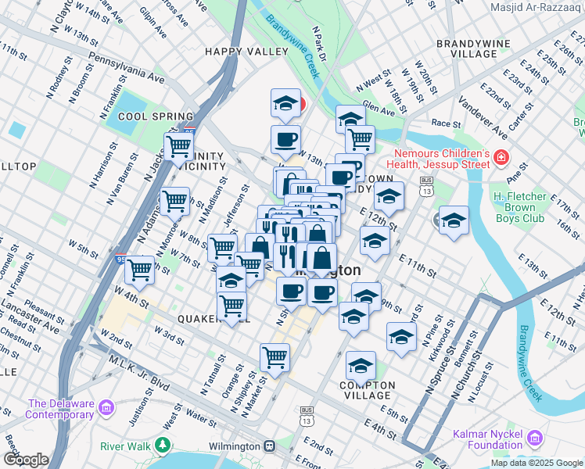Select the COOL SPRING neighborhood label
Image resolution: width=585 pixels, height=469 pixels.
tap(138, 116)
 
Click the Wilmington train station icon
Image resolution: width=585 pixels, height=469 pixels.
tap(269, 446)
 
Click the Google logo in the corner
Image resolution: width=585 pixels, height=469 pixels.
tap(26, 460)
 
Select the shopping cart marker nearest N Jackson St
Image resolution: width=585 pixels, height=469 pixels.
tap(179, 145)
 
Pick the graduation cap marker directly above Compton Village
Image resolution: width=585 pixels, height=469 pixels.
tap(361, 364)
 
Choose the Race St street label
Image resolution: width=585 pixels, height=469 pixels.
tap(446, 124)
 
